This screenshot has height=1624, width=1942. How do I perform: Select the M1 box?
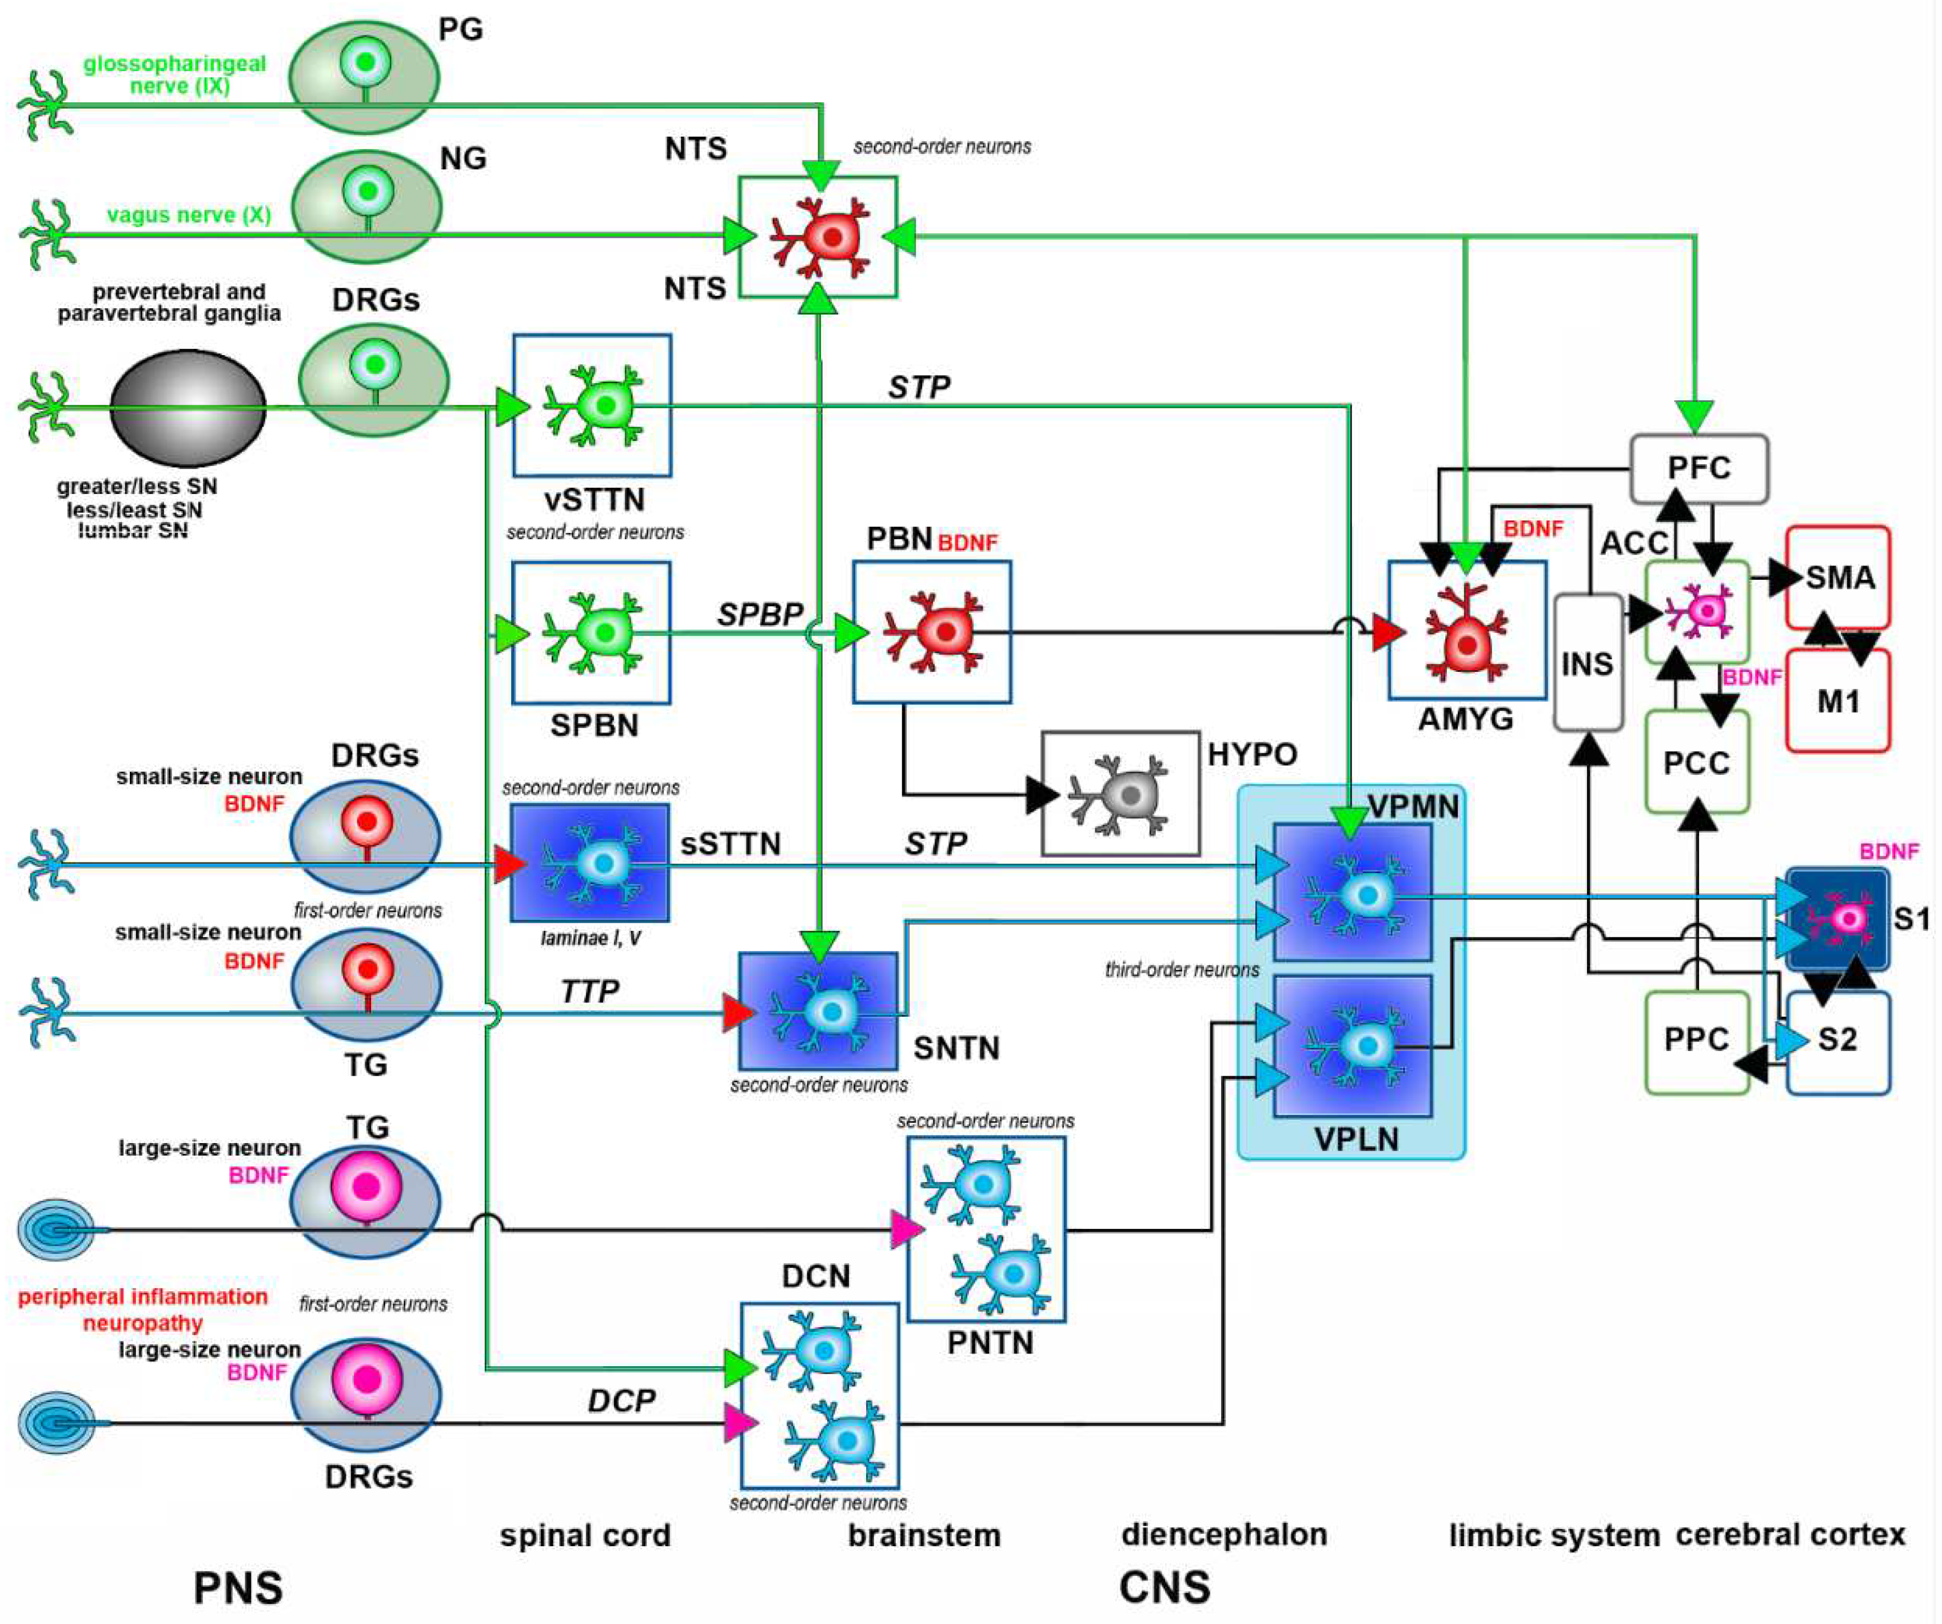click(1837, 701)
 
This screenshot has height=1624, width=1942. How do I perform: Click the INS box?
click(1587, 663)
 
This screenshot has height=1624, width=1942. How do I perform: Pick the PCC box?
click(1696, 762)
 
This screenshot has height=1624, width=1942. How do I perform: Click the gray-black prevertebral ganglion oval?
click(189, 408)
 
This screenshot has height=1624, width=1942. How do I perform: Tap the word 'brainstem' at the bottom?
click(924, 1535)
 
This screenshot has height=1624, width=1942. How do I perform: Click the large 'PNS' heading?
click(238, 1588)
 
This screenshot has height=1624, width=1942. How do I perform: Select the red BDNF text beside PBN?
click(967, 543)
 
